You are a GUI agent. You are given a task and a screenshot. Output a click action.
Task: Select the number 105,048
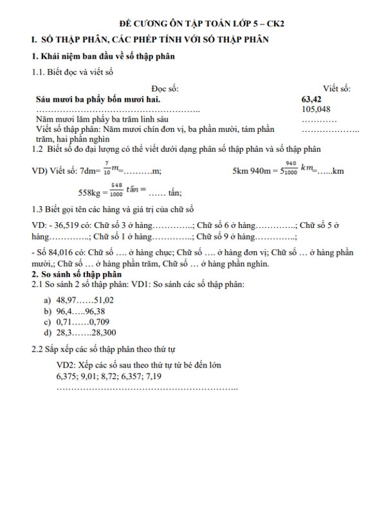pyautogui.click(x=315, y=109)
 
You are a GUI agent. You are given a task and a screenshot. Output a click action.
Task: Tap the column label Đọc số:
pyautogui.click(x=165, y=89)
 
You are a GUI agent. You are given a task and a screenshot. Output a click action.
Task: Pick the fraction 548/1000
pyautogui.click(x=116, y=191)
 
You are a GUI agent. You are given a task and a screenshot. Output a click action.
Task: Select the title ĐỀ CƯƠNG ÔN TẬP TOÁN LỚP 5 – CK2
pyautogui.click(x=192, y=24)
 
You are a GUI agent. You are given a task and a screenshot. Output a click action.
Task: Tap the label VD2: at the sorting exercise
pyautogui.click(x=66, y=365)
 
